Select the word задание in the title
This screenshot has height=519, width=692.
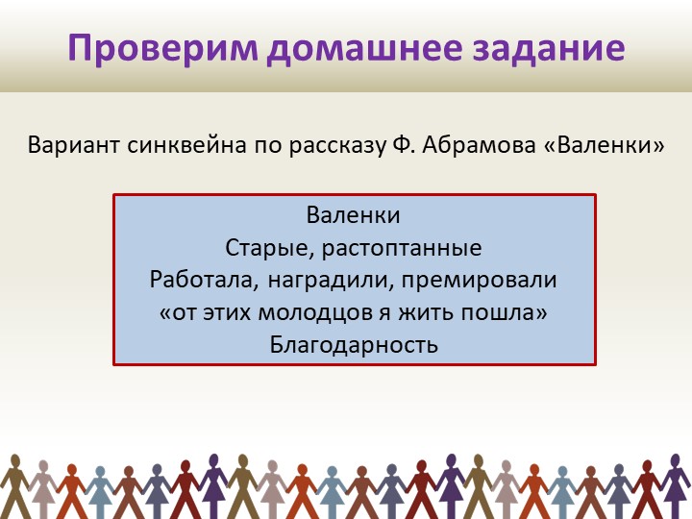tap(562, 48)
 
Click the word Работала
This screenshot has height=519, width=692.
tap(192, 280)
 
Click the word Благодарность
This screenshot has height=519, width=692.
tap(354, 345)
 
